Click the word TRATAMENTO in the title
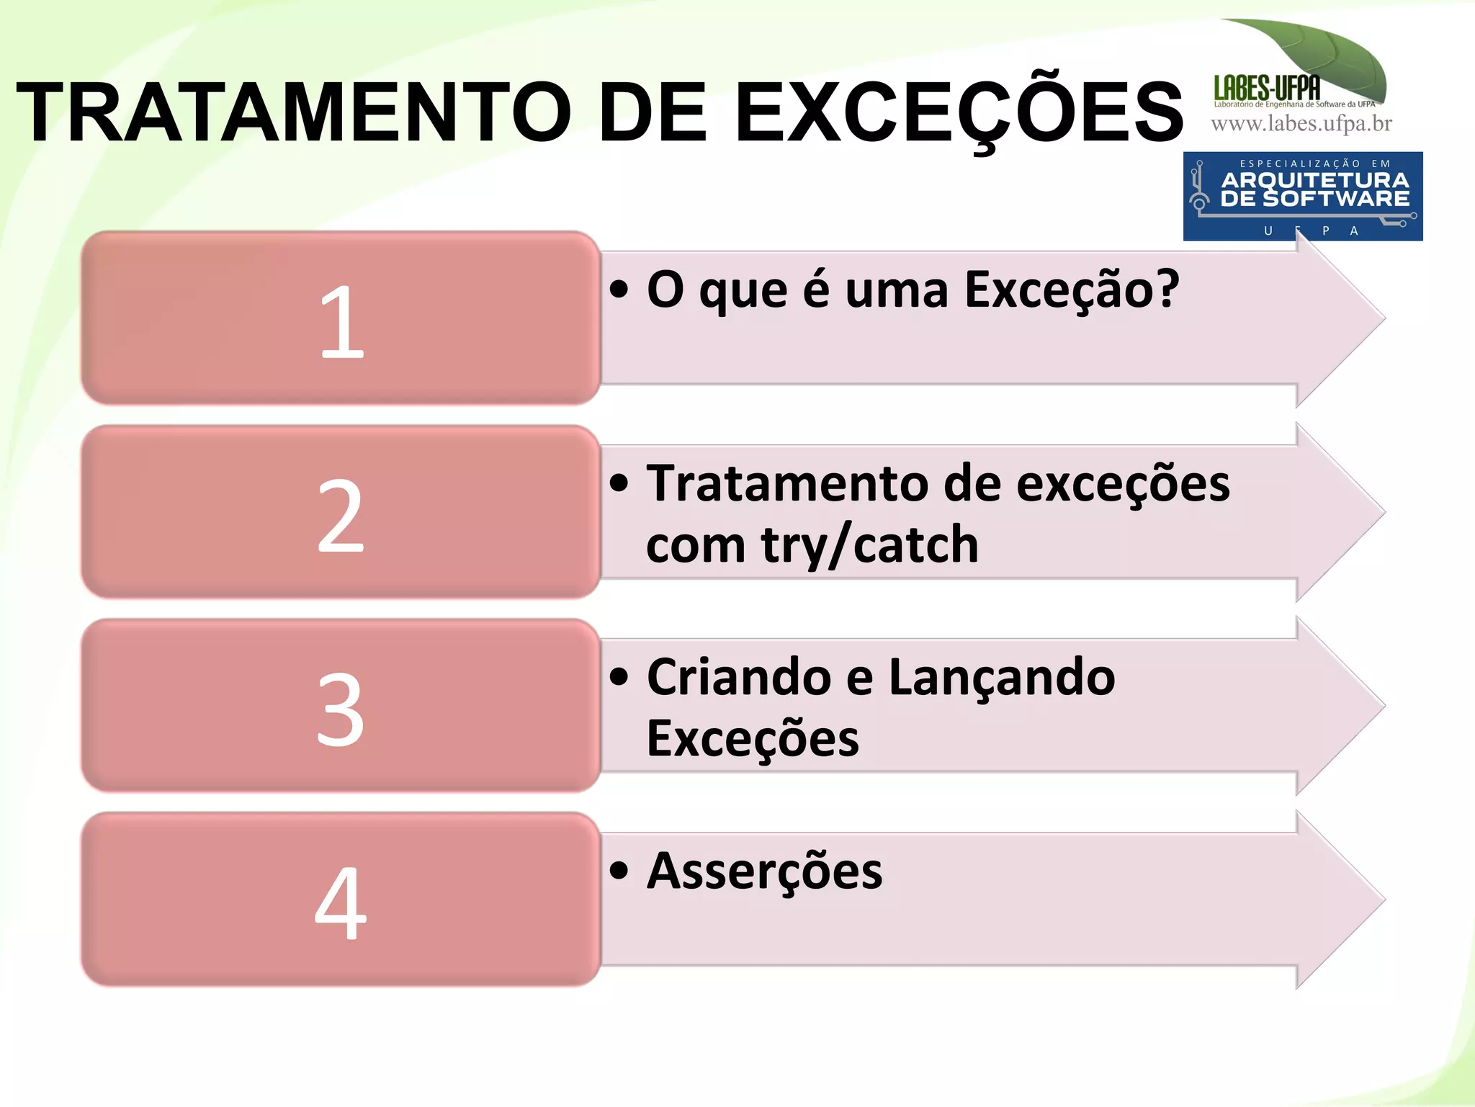(x=294, y=112)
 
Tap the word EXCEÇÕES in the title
(x=958, y=112)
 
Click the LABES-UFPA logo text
(x=1267, y=88)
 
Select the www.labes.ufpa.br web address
(x=1301, y=124)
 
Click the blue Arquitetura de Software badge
(x=1302, y=196)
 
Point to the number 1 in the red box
(x=341, y=321)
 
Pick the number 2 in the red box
(x=341, y=516)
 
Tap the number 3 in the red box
(x=341, y=709)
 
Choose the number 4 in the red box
(x=341, y=903)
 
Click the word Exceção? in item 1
(x=1071, y=290)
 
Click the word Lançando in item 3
(x=1002, y=678)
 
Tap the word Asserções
(x=764, y=871)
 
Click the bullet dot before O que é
(x=619, y=290)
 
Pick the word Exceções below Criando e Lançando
(x=753, y=739)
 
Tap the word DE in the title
(x=653, y=112)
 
